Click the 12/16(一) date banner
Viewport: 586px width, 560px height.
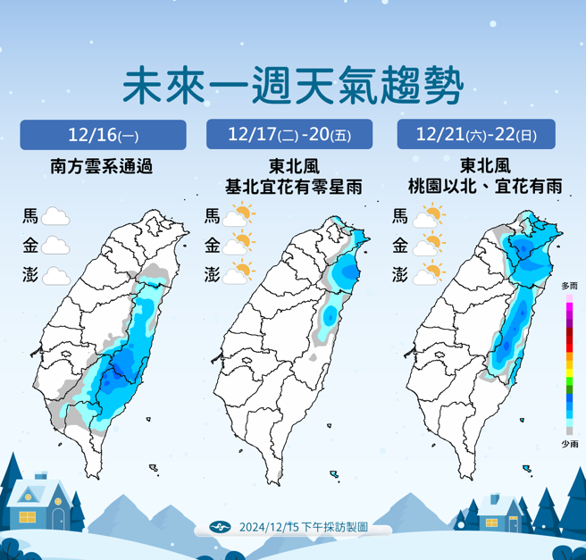pos(103,136)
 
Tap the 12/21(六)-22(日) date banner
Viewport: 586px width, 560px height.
pos(476,136)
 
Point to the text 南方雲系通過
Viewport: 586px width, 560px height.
pos(103,166)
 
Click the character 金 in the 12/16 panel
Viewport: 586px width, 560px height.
pos(30,246)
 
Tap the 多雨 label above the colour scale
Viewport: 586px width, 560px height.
pos(569,286)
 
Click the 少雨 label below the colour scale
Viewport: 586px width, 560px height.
pos(569,444)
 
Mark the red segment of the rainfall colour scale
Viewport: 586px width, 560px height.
pos(569,339)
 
